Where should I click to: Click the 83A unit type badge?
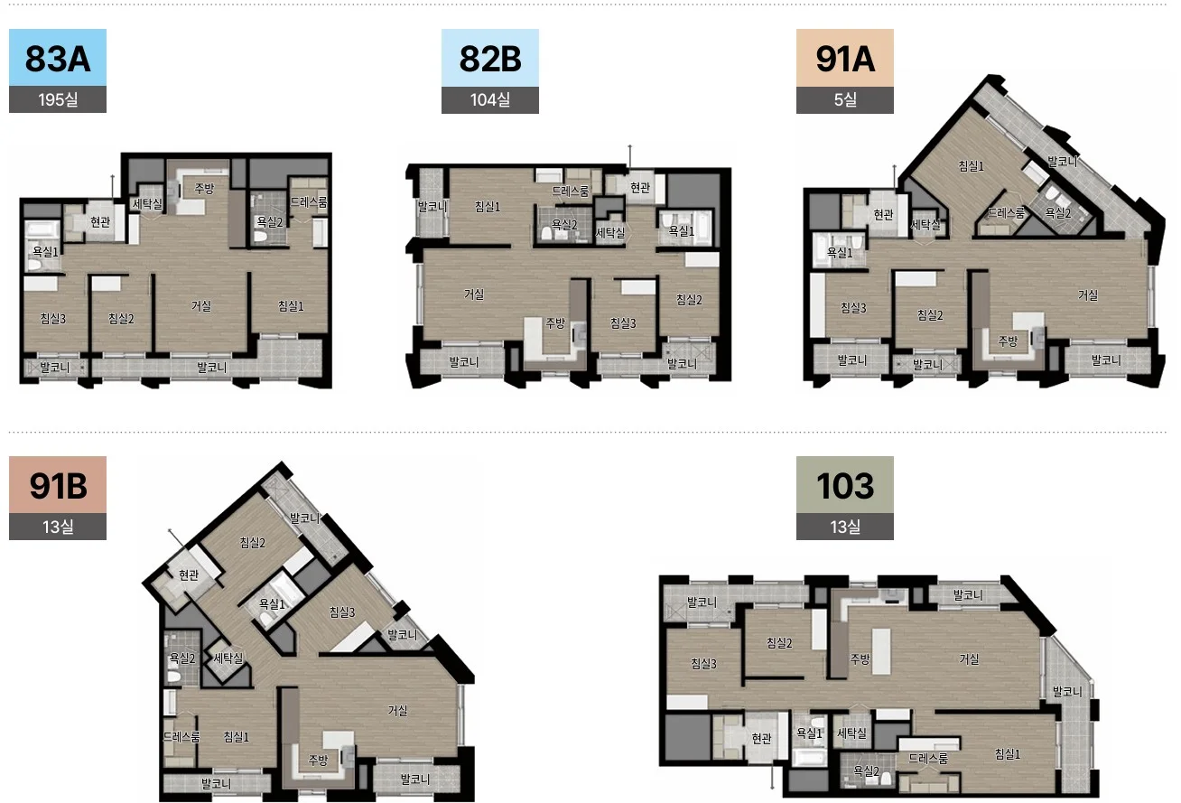pos(58,58)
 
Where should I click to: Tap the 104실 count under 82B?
pos(489,99)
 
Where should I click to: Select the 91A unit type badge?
pos(844,58)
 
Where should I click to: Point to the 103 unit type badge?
pos(844,485)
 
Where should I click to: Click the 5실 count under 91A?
pos(844,99)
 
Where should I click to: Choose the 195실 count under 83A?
pos(58,99)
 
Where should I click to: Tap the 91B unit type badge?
pos(58,485)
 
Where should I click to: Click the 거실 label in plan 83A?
pos(200,305)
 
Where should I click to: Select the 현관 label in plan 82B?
pos(640,187)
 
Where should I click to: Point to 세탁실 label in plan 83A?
pos(147,203)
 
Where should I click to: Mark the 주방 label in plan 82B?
pos(555,322)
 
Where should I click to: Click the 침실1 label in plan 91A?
pos(972,166)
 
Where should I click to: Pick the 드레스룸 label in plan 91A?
pos(1006,212)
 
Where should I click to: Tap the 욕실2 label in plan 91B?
pos(181,658)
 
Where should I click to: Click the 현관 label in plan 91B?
pos(188,574)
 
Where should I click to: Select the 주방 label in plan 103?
pos(860,658)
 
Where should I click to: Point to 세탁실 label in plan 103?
pos(852,733)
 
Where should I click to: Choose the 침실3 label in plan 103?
pos(704,664)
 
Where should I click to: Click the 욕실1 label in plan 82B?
pos(681,230)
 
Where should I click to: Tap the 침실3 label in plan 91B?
pos(342,612)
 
